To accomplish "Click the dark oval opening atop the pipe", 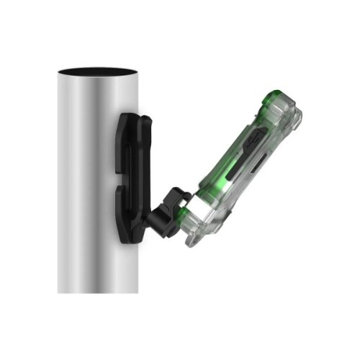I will tap(96, 72).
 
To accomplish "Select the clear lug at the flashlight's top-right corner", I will tap(296, 115).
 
